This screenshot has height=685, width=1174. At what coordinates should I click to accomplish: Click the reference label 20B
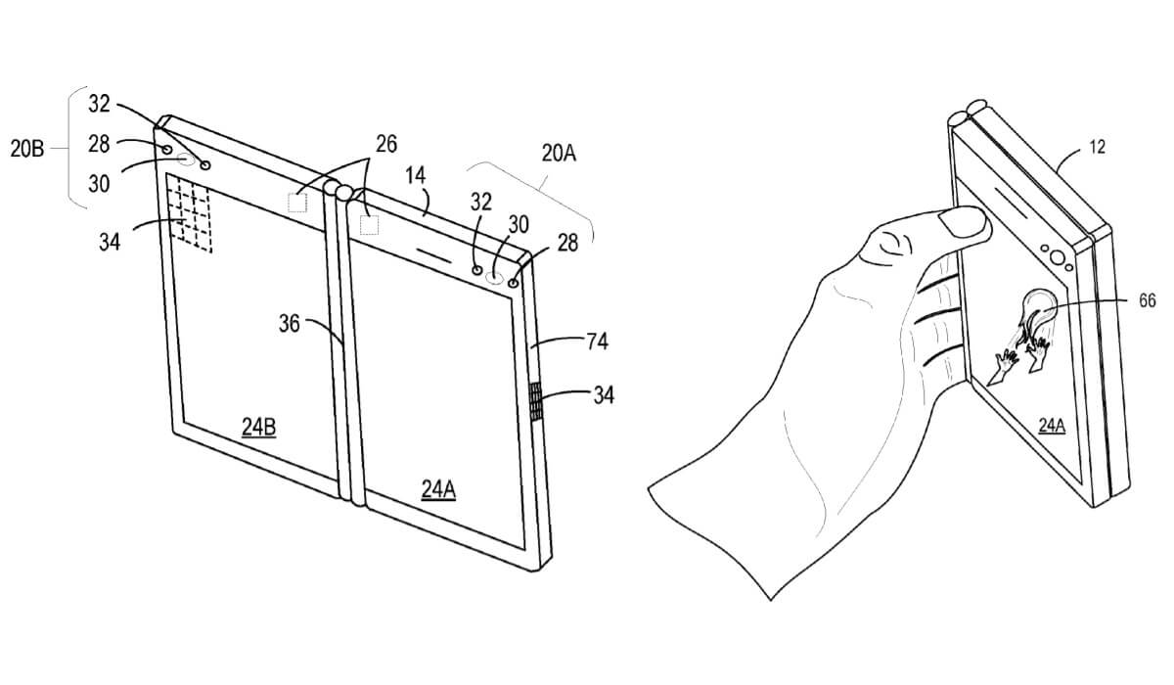coord(26,149)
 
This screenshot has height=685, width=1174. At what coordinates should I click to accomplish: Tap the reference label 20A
coord(559,153)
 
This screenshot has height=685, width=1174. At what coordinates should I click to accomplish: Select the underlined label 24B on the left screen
coord(258,427)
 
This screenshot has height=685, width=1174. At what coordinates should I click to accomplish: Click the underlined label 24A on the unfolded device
coord(438,489)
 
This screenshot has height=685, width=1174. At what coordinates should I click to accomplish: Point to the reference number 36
coord(290,324)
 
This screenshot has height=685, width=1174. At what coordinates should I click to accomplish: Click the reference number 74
coord(597,342)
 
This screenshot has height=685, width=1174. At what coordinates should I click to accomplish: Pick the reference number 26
coord(386,144)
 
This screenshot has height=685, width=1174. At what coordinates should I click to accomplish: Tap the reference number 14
coord(415,175)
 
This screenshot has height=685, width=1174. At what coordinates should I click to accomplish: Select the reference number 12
coord(1097,147)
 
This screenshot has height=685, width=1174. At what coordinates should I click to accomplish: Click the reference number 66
coord(1148,300)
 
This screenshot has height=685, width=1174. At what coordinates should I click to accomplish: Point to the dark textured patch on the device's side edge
coord(536,401)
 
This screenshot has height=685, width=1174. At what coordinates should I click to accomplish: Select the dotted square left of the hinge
coord(297,203)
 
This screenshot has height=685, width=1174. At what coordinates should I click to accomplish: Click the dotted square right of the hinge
coord(369,225)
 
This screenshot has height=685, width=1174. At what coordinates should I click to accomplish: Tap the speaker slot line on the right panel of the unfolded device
coord(433,254)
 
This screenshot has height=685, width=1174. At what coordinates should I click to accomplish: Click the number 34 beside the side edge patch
coord(604,395)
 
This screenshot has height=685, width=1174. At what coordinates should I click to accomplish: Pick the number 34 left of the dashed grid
coord(110,242)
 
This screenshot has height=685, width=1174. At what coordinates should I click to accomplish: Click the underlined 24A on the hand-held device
coord(1052,426)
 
